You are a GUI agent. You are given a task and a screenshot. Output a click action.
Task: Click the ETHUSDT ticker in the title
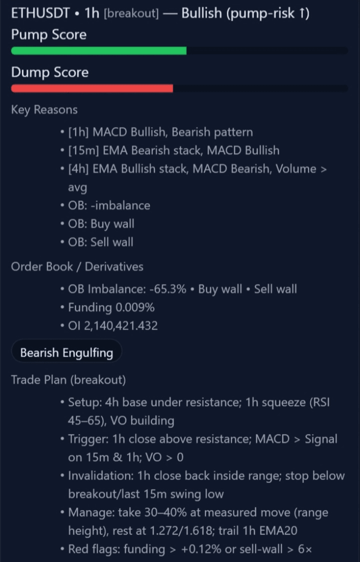pos(40,13)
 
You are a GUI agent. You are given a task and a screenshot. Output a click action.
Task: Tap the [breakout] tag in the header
pos(131,14)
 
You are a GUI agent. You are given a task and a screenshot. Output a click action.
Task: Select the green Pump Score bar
pos(98,50)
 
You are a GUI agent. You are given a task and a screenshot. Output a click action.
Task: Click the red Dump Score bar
pos(92,88)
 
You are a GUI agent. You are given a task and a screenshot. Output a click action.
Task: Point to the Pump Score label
pos(49,35)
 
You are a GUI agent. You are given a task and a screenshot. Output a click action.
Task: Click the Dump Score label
pos(50,72)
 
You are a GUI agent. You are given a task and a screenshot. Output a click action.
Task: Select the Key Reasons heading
pos(44,109)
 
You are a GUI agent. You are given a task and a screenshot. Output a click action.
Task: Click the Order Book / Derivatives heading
pos(77,266)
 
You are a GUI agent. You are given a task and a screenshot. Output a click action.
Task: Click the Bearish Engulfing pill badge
pos(66,352)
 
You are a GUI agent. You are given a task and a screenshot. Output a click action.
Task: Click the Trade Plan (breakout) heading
pos(68,380)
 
